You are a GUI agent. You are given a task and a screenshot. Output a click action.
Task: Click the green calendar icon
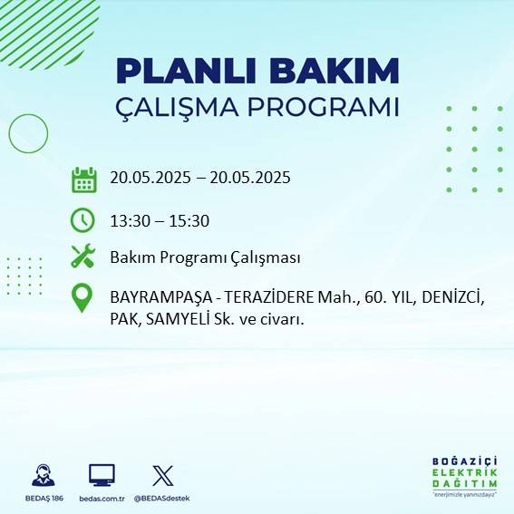83,179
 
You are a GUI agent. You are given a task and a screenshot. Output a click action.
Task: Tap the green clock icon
82,219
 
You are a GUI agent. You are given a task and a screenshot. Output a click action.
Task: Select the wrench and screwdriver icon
83,257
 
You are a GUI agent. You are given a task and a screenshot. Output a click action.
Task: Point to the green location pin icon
82,298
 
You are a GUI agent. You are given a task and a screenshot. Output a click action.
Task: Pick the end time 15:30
191,220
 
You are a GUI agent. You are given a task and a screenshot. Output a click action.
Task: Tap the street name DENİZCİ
452,297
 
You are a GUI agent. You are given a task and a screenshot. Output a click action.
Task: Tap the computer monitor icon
102,475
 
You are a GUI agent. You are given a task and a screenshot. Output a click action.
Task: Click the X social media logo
162,475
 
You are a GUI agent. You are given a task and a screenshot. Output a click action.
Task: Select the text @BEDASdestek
162,499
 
